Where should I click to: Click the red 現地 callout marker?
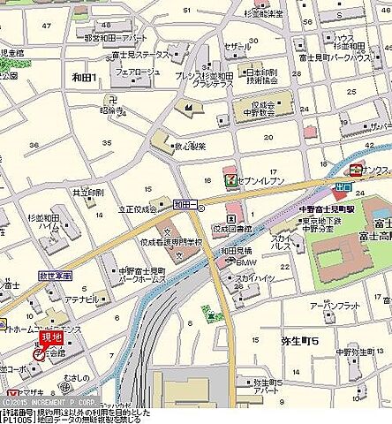52,338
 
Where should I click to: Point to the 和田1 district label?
85,78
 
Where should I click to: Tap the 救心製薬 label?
191,148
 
